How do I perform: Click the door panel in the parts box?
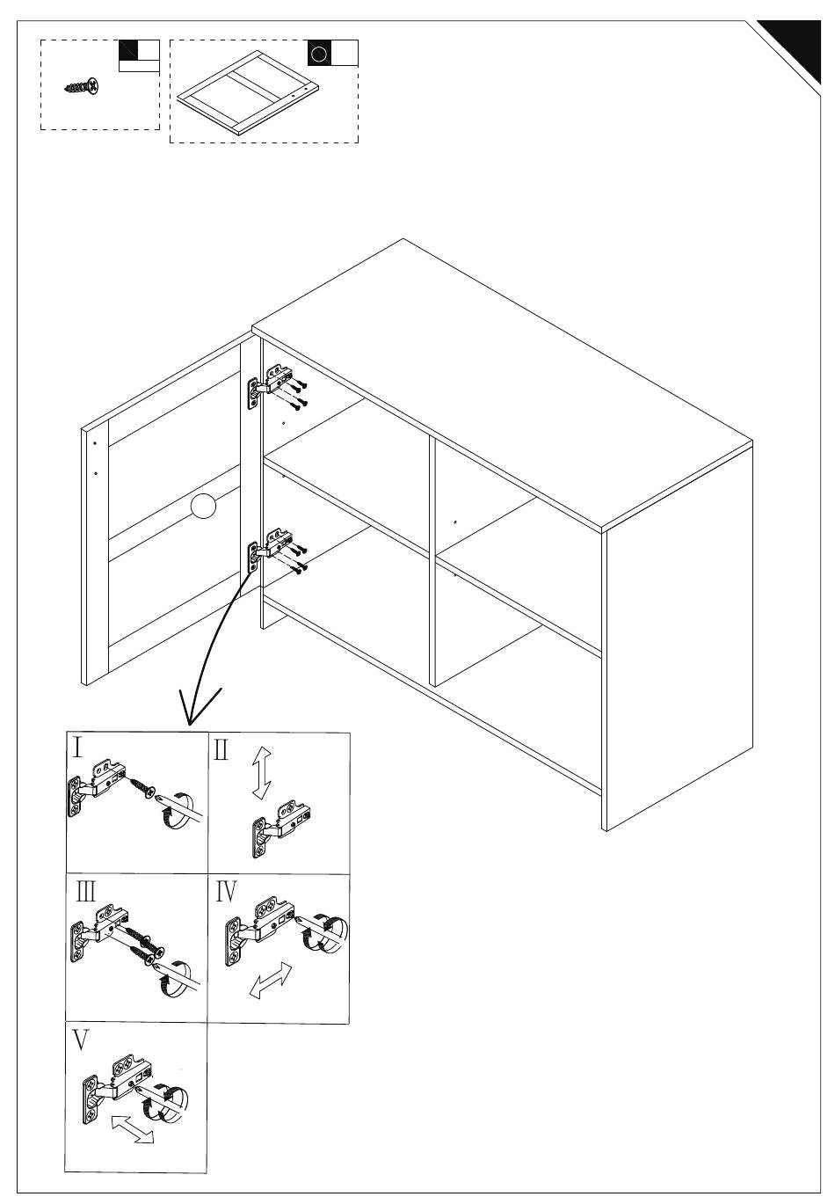(246, 92)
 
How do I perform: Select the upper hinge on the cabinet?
(267, 383)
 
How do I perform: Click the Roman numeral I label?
(77, 748)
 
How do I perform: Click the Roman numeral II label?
(221, 750)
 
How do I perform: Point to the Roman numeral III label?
(86, 892)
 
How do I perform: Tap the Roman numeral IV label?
(226, 892)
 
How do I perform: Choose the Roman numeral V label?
(81, 1040)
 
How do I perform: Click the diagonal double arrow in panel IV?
(271, 980)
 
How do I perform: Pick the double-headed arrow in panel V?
(132, 1129)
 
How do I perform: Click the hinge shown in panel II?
(281, 825)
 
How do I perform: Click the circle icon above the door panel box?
(320, 54)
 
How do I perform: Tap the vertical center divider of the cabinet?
(432, 563)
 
